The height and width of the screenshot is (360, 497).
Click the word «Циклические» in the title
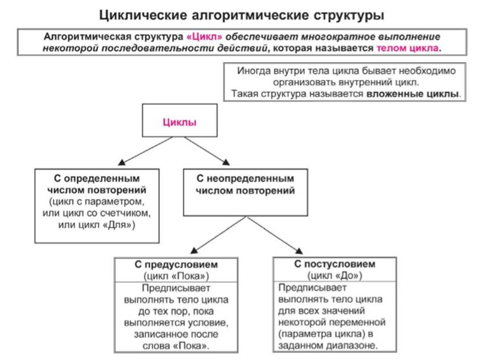coord(143,15)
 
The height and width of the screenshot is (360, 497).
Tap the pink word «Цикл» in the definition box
coord(205,37)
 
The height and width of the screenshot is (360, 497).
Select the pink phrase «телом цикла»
coord(408,48)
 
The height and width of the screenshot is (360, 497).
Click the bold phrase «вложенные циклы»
coord(413,94)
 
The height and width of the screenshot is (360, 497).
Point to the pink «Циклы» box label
coord(180,122)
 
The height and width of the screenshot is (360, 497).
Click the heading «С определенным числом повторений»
coord(97,184)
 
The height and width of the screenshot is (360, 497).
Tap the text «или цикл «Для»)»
coord(97,224)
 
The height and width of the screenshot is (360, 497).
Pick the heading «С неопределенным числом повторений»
coord(245,185)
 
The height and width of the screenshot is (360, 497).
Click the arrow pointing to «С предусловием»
coord(218,235)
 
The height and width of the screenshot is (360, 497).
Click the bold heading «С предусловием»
coord(176,264)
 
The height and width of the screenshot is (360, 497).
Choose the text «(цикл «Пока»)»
coord(176,276)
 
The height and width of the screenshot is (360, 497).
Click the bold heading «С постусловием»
coord(335,264)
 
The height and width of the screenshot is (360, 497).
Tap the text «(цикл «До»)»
coord(335,276)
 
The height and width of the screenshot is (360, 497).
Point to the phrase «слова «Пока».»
coord(176,345)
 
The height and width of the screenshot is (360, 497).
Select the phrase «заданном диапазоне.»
coord(328,345)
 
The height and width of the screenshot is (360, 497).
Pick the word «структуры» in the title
coord(349,15)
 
